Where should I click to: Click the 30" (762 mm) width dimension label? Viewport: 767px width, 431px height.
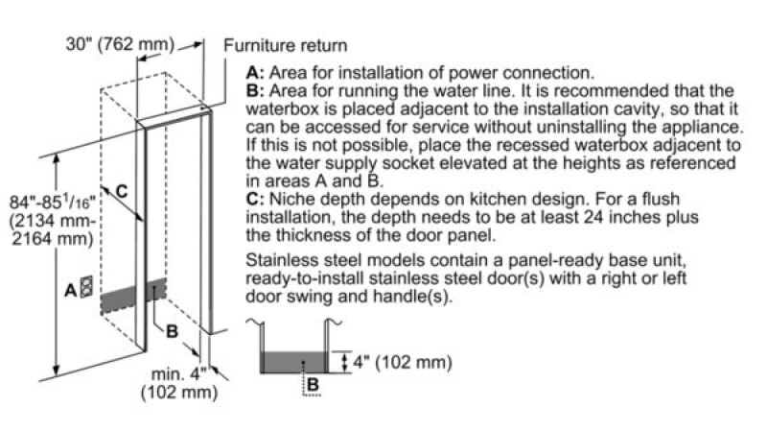pos(120,44)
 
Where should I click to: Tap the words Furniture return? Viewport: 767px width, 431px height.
pos(285,45)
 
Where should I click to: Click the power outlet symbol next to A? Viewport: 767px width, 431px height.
pos(88,287)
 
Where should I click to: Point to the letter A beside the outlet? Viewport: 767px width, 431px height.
pos(71,288)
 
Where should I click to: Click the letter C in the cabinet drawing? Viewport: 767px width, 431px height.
pos(121,191)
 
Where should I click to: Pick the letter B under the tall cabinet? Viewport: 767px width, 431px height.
pos(173,331)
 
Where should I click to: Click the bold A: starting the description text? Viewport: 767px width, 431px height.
pos(254,73)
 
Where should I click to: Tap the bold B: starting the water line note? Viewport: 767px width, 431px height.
pos(254,90)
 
